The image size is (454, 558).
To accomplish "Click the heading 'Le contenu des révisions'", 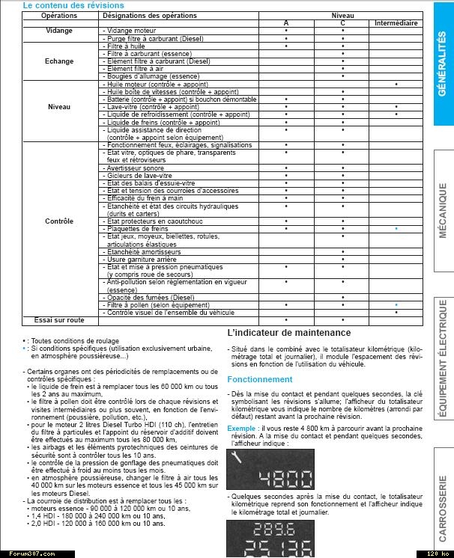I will click(64, 4).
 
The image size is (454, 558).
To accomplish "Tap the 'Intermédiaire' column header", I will click(396, 23).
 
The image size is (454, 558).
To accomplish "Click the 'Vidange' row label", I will click(59, 31).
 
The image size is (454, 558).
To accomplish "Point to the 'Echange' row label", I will click(59, 61).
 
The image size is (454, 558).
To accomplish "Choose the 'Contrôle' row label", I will click(59, 221).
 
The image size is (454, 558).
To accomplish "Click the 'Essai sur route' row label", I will click(59, 319).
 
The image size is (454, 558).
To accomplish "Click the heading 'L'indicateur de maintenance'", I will click(288, 333).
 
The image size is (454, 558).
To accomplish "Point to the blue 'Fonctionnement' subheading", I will click(260, 379).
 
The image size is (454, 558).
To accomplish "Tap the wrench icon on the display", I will click(238, 458).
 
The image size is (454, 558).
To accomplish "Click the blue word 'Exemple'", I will click(243, 429).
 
